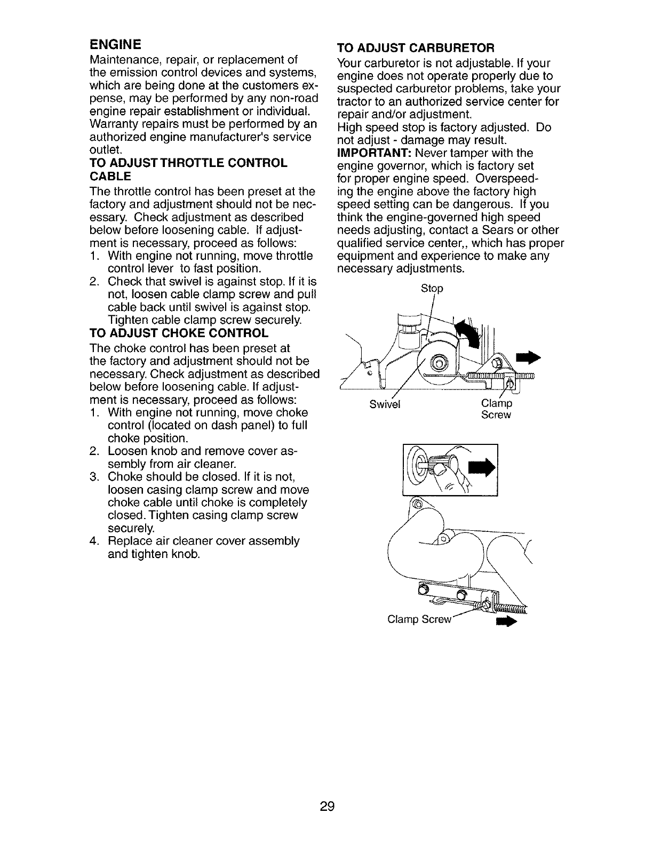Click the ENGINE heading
115,43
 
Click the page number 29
326,806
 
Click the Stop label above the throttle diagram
432,289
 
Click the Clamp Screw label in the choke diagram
419,619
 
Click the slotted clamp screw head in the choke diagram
486,605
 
